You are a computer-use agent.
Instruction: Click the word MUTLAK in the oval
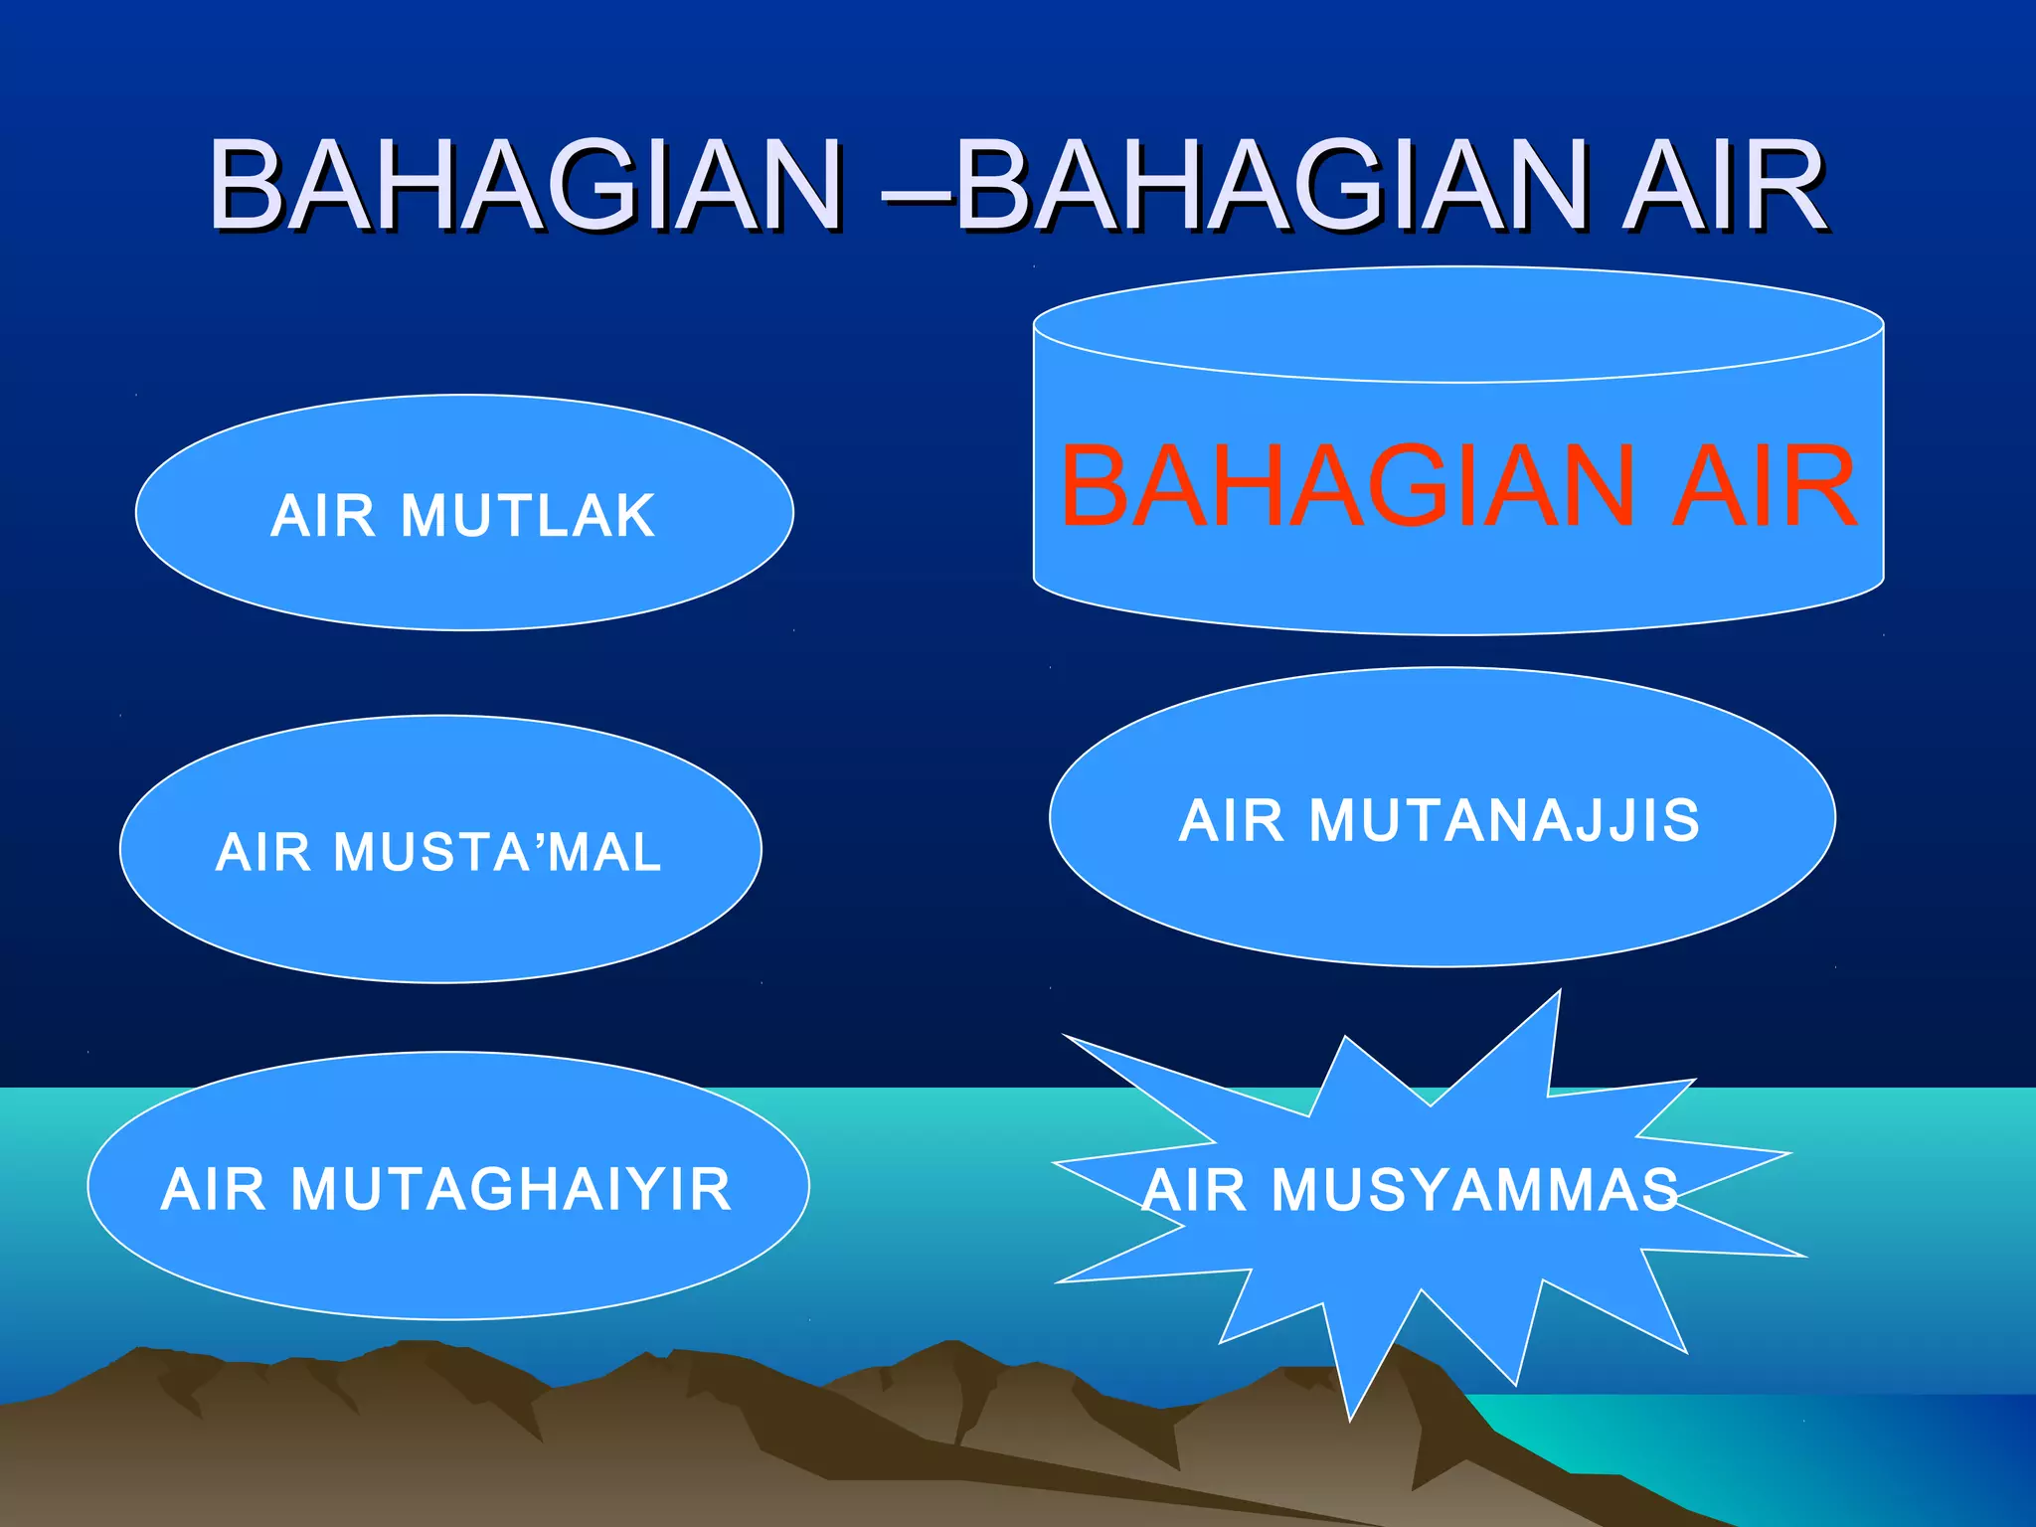pos(528,516)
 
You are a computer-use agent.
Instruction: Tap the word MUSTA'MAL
pos(497,853)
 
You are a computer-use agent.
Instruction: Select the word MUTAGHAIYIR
pos(511,1190)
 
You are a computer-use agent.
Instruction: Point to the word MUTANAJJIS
pos(1503,821)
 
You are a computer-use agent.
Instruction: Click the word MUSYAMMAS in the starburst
pos(1475,1190)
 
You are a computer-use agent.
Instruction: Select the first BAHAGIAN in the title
pos(526,186)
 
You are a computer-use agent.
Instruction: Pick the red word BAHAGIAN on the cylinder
pos(1347,487)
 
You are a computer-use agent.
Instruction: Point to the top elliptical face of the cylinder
pos(1458,324)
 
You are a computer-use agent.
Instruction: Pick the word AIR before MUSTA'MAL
pos(263,853)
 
